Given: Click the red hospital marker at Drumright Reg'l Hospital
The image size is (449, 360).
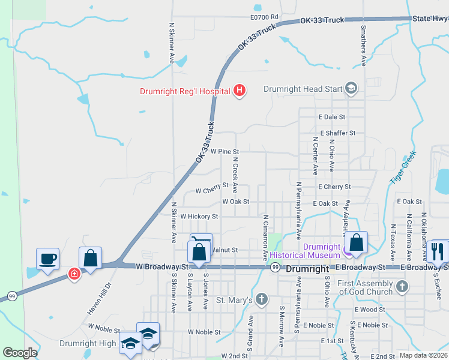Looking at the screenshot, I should tap(240, 91).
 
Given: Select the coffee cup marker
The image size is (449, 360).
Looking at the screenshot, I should tap(48, 259).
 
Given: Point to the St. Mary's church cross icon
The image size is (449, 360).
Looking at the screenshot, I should tap(261, 299).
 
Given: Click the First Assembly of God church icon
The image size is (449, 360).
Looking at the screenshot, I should tap(402, 286).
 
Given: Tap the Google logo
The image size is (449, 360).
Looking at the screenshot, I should tap(20, 353).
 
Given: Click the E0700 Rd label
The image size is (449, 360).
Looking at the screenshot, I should tap(265, 17).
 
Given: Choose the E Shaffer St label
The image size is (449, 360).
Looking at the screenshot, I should tap(338, 133).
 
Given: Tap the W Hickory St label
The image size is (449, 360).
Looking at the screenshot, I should tap(199, 216).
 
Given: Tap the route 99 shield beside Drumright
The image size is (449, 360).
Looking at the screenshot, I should tap(274, 268).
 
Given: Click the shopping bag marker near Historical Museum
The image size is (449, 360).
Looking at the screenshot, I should tap(357, 243).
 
